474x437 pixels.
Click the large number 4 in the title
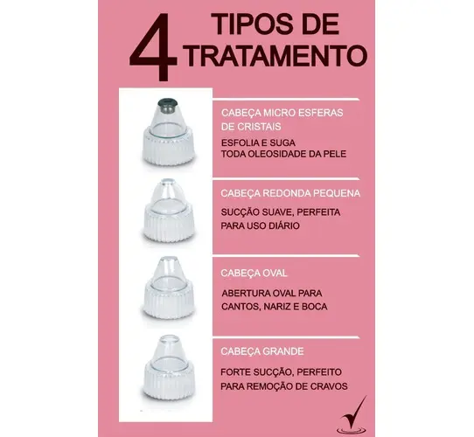coord(153,47)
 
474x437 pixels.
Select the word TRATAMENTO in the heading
coord(275,56)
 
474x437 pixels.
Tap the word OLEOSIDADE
coord(275,154)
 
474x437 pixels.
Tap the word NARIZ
coord(276,307)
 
